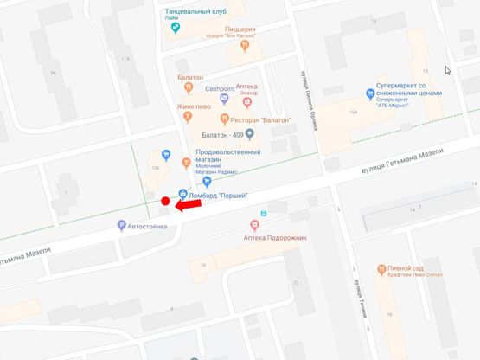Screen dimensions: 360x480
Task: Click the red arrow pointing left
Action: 189,204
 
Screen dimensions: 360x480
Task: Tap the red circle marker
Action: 164,202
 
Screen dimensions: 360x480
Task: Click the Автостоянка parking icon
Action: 122,226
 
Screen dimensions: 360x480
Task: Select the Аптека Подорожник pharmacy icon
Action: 254,225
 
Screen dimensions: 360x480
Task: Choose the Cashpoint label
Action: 220,88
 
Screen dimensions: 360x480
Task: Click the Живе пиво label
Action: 195,106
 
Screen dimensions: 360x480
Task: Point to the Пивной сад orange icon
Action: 381,269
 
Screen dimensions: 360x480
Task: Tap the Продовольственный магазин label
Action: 227,156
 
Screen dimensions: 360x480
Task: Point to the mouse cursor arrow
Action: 447,71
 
